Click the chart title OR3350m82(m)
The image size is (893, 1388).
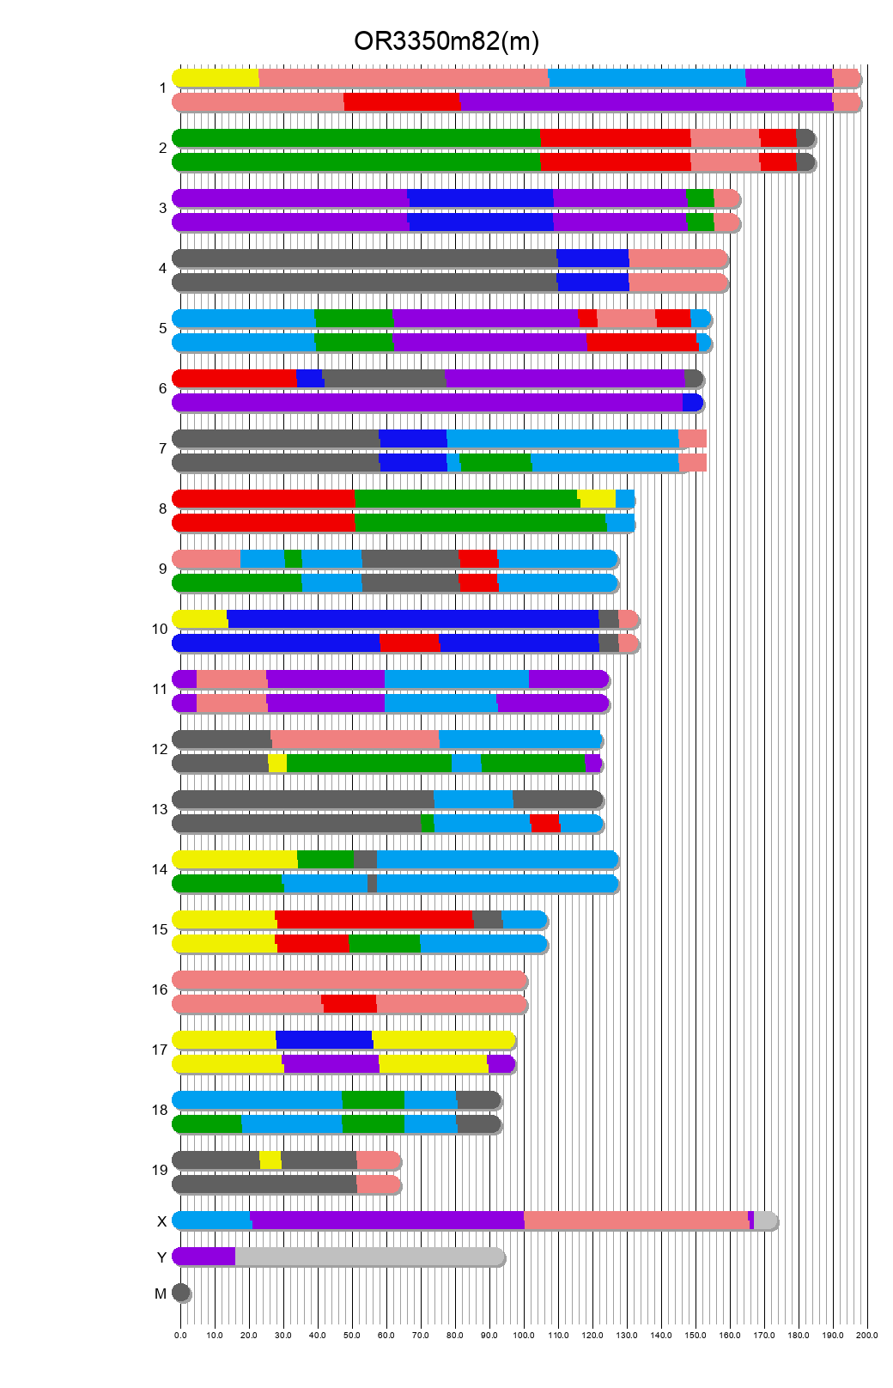446,41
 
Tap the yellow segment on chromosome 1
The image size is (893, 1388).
216,78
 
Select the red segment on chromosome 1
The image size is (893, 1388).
402,102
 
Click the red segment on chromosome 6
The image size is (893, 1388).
234,379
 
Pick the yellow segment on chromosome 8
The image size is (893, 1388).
597,499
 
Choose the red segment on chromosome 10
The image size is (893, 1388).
410,643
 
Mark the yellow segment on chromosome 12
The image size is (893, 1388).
277,764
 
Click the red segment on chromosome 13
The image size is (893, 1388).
545,824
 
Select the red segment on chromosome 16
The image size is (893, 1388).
349,1004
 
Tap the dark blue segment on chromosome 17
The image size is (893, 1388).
325,1040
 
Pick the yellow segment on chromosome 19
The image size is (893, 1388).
270,1160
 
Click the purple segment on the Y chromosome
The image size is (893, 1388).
204,1257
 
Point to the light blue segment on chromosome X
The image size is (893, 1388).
211,1221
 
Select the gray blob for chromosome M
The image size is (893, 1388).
181,1293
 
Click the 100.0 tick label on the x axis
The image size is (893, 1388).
524,1335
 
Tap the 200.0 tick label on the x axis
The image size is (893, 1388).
867,1335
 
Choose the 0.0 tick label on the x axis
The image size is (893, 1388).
180,1335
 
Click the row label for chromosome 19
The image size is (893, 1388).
160,1170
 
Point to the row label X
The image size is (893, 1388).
161,1221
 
